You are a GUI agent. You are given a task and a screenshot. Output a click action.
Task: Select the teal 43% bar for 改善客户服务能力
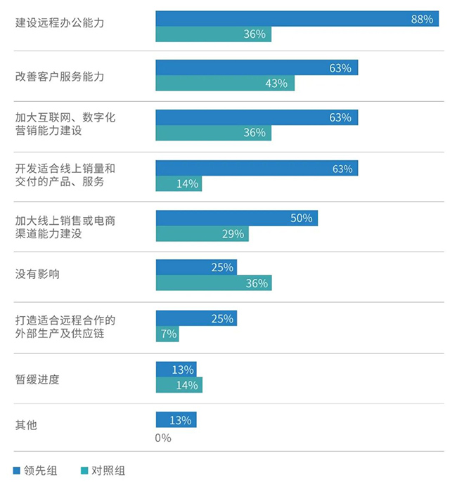coord(224,83)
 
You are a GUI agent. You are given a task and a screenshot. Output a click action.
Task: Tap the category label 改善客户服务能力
coord(60,76)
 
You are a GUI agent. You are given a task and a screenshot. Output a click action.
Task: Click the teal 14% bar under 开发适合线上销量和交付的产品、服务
coord(178,183)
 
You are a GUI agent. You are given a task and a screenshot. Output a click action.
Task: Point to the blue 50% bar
coord(236,218)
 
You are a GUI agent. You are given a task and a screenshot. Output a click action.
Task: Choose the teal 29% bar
coord(202,233)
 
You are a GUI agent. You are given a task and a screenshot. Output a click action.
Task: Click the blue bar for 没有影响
coord(196,267)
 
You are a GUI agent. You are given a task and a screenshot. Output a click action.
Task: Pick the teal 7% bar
coord(167,334)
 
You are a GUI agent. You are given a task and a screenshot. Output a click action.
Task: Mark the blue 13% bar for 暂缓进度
coord(176,369)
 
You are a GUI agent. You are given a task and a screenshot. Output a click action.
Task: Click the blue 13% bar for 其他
coord(176,420)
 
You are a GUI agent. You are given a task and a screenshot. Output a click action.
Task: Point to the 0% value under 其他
coord(163,437)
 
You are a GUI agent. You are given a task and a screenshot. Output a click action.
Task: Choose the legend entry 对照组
coord(101,470)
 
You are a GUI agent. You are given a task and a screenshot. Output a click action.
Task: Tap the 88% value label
coord(422,19)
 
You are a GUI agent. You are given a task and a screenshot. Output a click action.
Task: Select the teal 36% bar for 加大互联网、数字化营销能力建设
coord(213,133)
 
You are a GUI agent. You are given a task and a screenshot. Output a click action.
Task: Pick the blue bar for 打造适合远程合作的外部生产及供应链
coord(196,318)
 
